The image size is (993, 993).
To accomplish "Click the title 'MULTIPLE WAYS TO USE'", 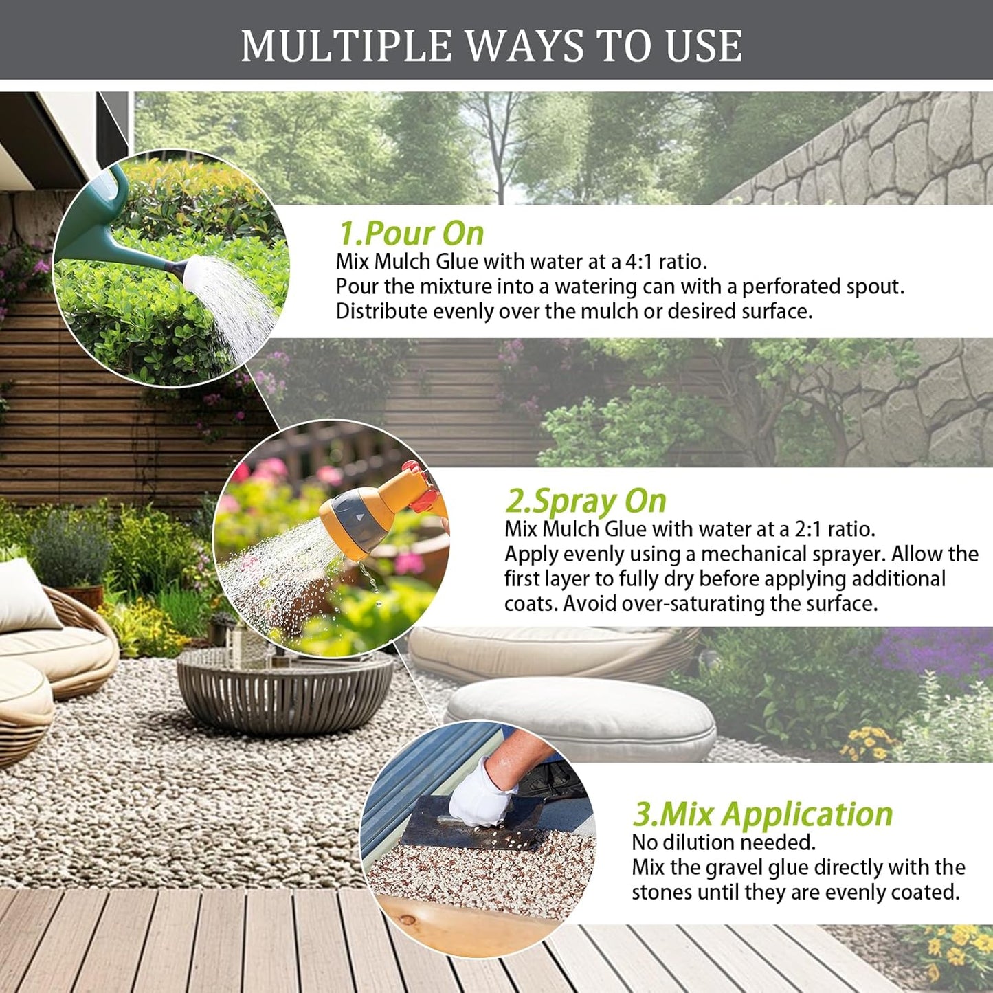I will pyautogui.click(x=491, y=46).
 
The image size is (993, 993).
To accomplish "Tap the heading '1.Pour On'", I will pyautogui.click(x=411, y=233).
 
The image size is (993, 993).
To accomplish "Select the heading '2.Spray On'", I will pyautogui.click(x=585, y=501).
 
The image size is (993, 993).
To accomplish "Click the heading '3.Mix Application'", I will pyautogui.click(x=762, y=814).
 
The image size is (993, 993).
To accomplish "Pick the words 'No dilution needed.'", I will pyautogui.click(x=723, y=843).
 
